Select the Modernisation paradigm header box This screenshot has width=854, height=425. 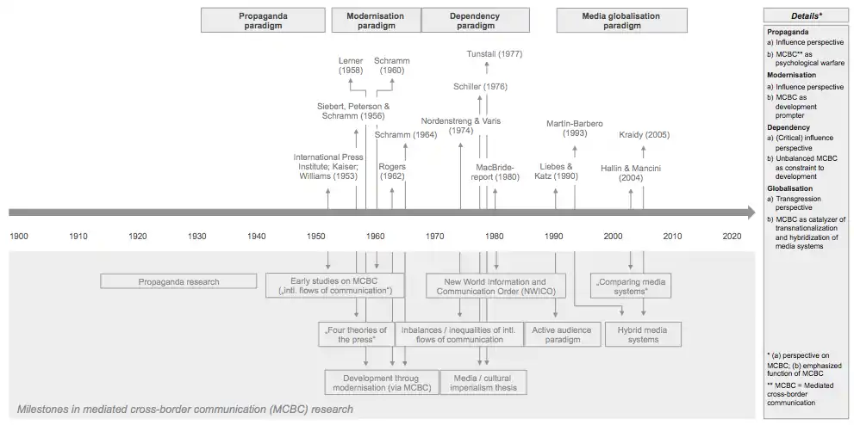point(375,20)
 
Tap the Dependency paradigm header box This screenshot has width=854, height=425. point(474,20)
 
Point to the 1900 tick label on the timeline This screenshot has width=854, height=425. point(19,236)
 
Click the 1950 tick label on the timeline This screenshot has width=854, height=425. point(315,236)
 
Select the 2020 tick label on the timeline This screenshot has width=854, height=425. point(732,236)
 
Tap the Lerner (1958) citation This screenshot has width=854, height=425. point(350,66)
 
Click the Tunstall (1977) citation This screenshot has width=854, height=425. point(495,53)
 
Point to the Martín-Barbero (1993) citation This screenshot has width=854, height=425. point(575,128)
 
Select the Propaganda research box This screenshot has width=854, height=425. point(178,281)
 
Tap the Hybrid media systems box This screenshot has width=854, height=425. point(643,334)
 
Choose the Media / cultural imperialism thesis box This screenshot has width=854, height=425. point(483,382)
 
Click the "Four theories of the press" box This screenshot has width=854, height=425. point(356,334)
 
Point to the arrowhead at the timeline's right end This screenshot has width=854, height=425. point(750,212)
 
